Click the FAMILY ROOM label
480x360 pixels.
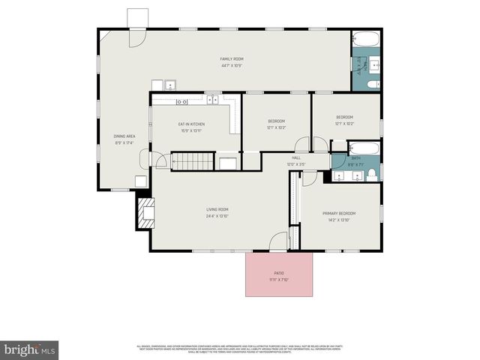[x=231, y=58]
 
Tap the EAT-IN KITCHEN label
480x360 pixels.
[x=191, y=124]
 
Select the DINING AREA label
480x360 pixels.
[x=124, y=136]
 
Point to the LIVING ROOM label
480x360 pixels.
[x=217, y=209]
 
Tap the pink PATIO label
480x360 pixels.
[x=278, y=273]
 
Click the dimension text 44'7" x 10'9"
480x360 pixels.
[x=231, y=65]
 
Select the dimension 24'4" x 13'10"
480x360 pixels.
[x=217, y=216]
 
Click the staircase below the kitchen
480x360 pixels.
[x=193, y=161]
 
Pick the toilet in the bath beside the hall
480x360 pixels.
[x=370, y=175]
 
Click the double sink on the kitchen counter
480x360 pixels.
[x=212, y=99]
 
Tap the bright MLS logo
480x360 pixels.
[x=30, y=349]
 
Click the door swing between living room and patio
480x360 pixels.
[x=278, y=241]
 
